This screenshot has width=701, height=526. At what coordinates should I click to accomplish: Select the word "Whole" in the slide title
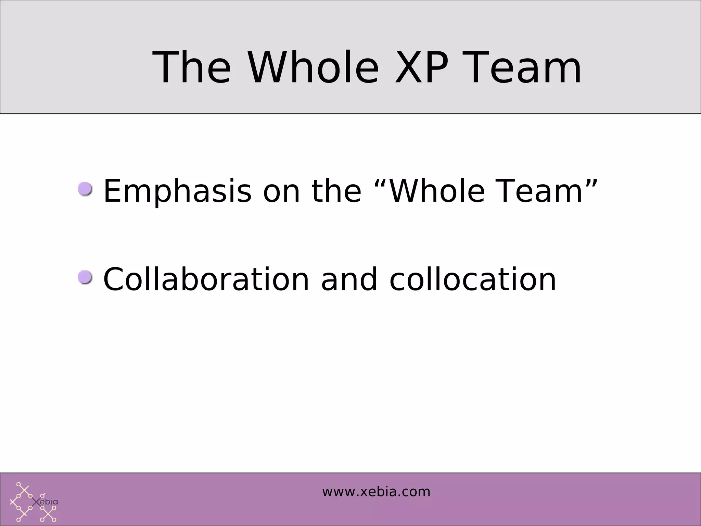(313, 67)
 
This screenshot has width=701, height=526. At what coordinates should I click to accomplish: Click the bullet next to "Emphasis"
(85, 189)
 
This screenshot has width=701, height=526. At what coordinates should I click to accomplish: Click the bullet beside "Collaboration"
(85, 277)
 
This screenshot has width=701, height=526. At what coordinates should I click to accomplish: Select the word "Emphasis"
(177, 192)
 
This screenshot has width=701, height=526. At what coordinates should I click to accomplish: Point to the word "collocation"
(473, 279)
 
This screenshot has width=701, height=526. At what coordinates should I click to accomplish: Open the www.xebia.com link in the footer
(376, 492)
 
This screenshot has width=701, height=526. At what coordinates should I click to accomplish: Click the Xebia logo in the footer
(34, 502)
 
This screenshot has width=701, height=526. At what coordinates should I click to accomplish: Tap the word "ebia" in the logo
(49, 502)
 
